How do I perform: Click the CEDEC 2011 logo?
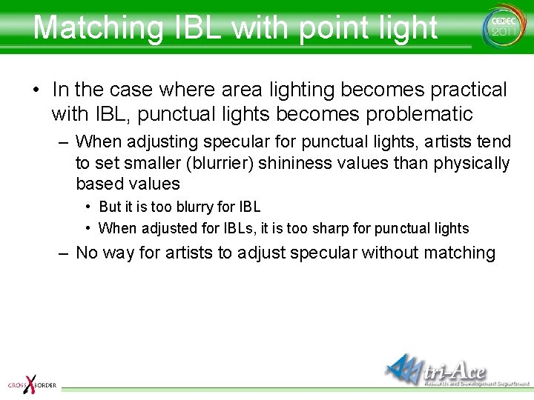tap(501, 26)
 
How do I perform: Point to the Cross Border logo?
tap(31, 384)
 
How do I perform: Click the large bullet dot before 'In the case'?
tap(36, 91)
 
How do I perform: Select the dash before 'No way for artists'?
tap(65, 253)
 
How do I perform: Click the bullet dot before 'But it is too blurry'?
tap(89, 207)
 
